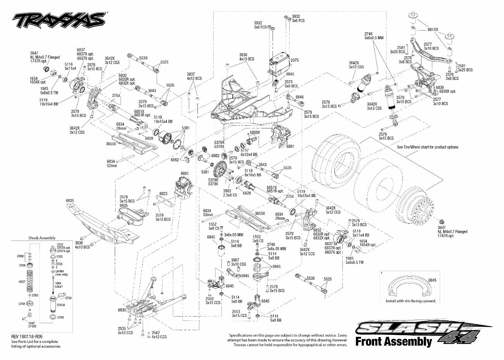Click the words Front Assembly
click(393, 341)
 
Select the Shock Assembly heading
click(42, 238)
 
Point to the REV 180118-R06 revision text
click(26, 336)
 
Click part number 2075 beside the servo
click(295, 60)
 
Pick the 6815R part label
click(433, 29)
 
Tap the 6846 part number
click(300, 97)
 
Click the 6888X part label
click(255, 132)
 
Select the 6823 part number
click(163, 193)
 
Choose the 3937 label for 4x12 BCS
click(191, 74)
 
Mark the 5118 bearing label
click(249, 170)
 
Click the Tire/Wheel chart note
click(427, 147)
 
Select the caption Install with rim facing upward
click(411, 301)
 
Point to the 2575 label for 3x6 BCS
click(288, 82)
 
